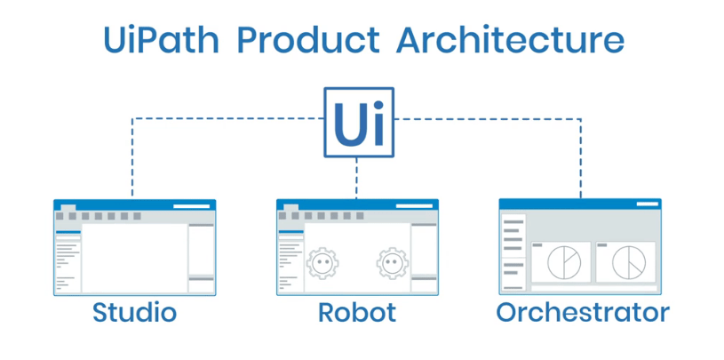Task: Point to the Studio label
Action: (135, 313)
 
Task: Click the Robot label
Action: (357, 313)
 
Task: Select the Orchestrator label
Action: (582, 313)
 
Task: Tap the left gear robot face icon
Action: (322, 264)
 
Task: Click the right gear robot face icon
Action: (392, 264)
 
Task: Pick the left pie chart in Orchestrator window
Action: (561, 262)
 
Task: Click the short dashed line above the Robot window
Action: (357, 178)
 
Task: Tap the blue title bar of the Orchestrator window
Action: (580, 204)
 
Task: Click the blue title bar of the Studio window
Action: (135, 204)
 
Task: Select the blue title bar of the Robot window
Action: (357, 204)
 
